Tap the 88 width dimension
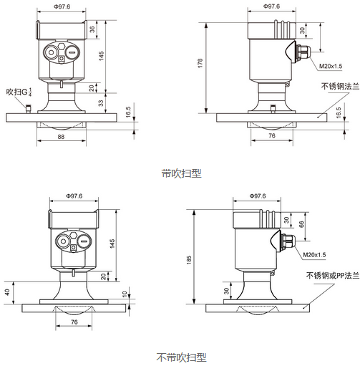tap(62, 136)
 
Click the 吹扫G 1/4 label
tap(21, 92)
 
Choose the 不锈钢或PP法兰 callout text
tap(330, 276)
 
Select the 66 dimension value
tap(300, 223)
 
